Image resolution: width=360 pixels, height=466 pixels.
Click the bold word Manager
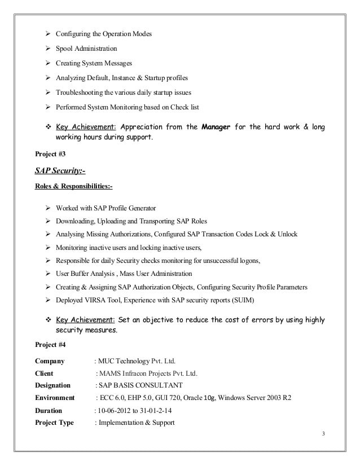click(216, 127)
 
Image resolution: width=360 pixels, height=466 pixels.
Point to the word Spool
click(65, 49)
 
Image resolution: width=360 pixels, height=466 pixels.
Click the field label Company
click(50, 361)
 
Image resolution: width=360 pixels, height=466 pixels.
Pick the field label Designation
click(52, 386)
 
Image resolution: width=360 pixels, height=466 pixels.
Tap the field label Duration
click(49, 411)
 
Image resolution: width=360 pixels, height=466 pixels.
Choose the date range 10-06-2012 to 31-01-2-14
click(134, 411)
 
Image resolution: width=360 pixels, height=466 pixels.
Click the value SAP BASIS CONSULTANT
click(141, 386)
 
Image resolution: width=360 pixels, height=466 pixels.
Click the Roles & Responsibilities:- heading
click(74, 186)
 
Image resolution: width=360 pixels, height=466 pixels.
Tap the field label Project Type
click(54, 423)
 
